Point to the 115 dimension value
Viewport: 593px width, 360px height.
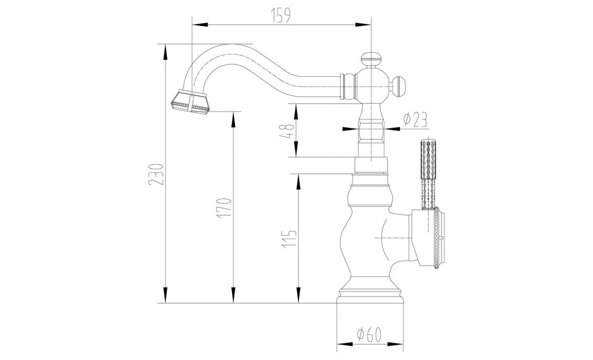click(290, 239)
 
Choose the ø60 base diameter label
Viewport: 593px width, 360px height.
click(370, 335)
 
